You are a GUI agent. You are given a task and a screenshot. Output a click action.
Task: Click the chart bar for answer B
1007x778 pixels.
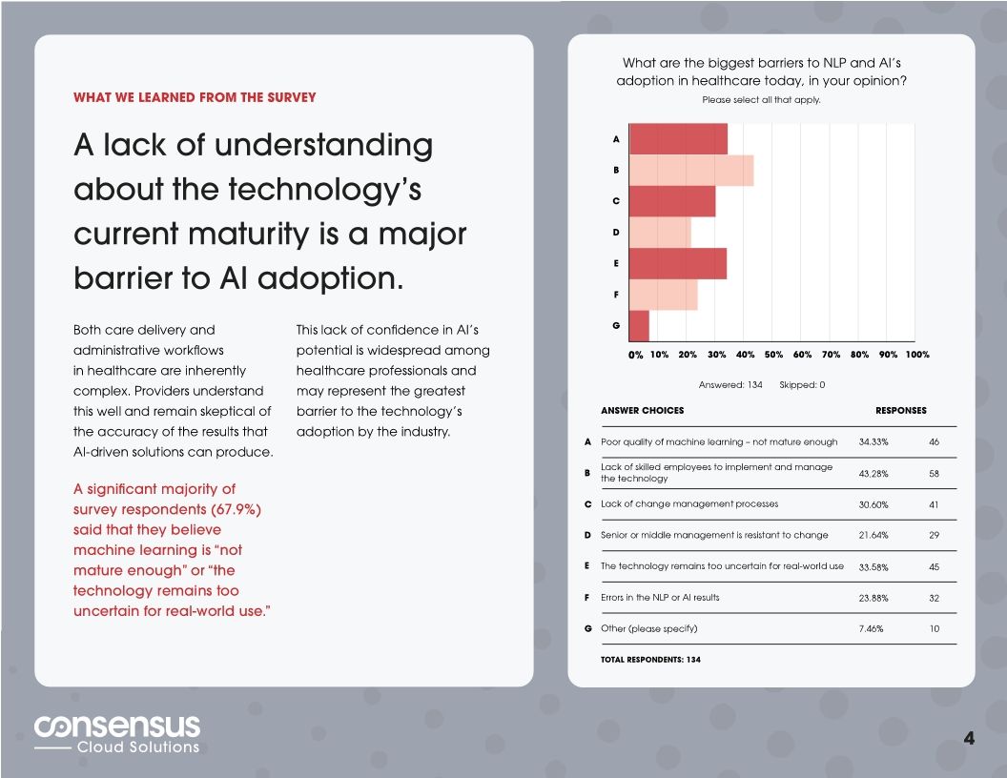691,171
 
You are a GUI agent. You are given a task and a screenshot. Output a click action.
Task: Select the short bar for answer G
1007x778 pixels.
640,326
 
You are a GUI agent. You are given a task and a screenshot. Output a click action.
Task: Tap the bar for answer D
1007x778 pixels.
660,233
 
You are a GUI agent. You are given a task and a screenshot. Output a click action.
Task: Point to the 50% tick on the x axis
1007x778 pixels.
773,355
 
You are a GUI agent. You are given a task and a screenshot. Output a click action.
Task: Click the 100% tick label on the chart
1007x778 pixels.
917,355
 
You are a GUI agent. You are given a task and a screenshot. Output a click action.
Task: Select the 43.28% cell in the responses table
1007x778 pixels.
873,474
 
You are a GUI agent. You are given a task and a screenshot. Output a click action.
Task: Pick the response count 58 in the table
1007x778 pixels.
934,474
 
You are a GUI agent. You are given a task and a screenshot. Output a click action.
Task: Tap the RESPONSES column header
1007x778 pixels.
900,411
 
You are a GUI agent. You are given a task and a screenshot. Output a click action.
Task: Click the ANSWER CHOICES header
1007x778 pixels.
642,411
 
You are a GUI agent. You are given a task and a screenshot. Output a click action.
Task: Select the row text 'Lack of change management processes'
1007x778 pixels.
688,504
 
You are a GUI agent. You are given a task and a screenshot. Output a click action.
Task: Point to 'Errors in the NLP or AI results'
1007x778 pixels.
660,598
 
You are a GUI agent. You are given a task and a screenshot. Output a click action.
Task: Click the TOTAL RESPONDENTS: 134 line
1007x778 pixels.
650,659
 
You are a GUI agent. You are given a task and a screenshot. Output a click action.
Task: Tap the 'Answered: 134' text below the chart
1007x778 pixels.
730,385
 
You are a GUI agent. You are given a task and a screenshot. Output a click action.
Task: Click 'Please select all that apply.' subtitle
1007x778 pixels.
761,100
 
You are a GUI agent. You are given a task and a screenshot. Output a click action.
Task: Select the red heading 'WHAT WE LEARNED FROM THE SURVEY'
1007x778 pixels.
195,97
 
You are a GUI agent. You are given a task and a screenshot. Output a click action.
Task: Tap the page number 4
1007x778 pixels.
969,738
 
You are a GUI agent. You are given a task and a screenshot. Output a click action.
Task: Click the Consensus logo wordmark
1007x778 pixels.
117,727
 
